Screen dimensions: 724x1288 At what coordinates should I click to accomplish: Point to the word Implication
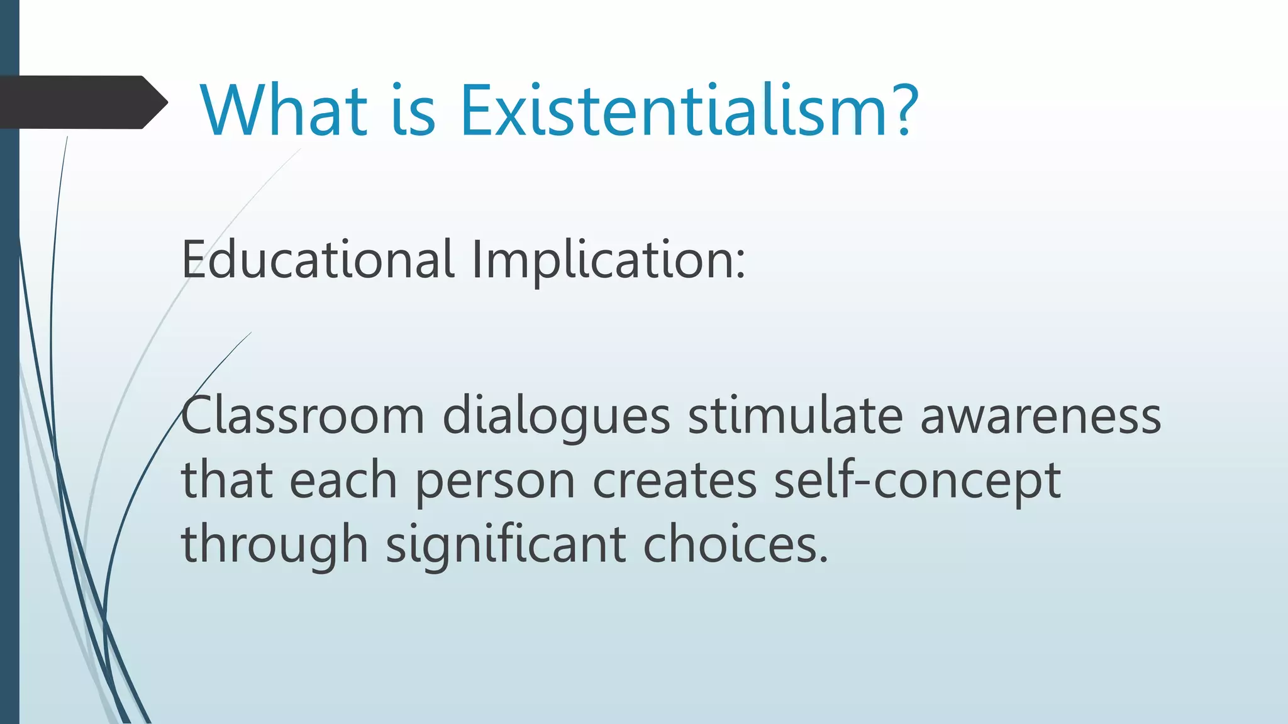click(x=601, y=259)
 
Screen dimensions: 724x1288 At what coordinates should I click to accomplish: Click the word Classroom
click(x=303, y=416)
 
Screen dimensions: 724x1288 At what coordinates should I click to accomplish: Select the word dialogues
click(x=556, y=416)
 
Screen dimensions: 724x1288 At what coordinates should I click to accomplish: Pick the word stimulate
click(x=795, y=416)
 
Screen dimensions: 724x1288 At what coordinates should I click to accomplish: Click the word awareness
click(x=1040, y=416)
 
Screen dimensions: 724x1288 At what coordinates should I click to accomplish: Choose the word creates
click(x=674, y=481)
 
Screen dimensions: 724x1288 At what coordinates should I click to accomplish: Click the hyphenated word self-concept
click(x=917, y=481)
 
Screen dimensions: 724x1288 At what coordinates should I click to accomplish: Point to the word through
click(x=274, y=544)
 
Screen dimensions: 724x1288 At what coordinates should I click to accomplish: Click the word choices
click(x=730, y=544)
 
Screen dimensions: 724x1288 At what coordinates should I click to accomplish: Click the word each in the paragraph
click(x=343, y=481)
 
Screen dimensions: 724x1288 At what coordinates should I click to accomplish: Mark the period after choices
click(x=824, y=559)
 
